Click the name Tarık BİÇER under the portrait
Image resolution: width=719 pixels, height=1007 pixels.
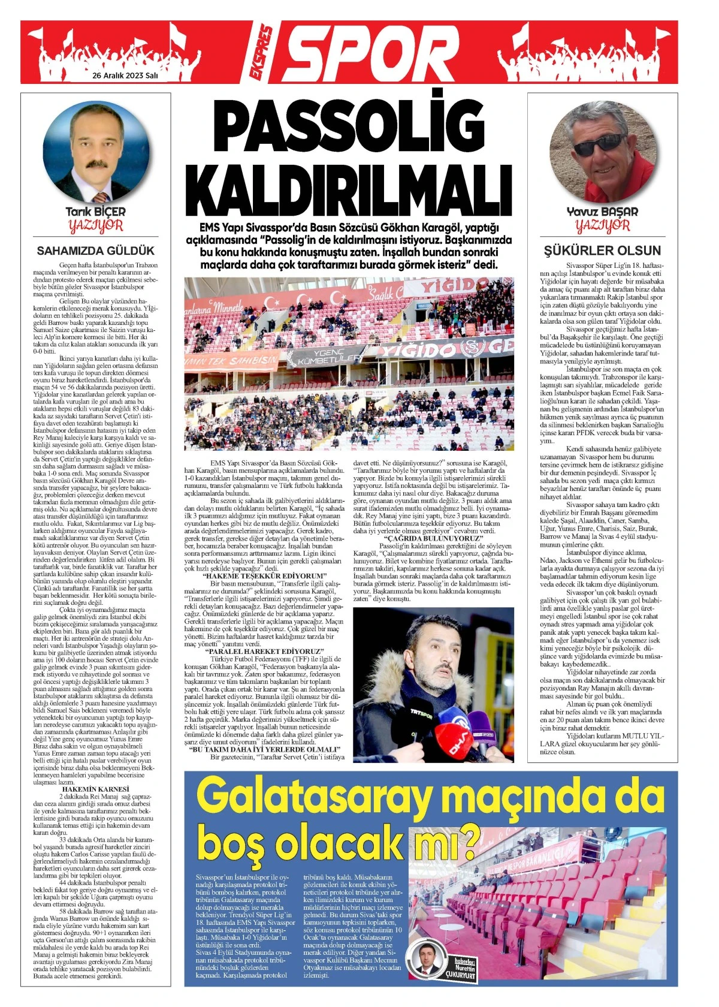95,212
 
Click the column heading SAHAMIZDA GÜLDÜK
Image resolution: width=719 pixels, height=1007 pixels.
96,251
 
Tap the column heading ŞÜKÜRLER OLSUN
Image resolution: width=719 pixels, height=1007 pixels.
602,251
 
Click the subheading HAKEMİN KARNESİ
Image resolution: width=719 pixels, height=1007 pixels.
95,788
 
